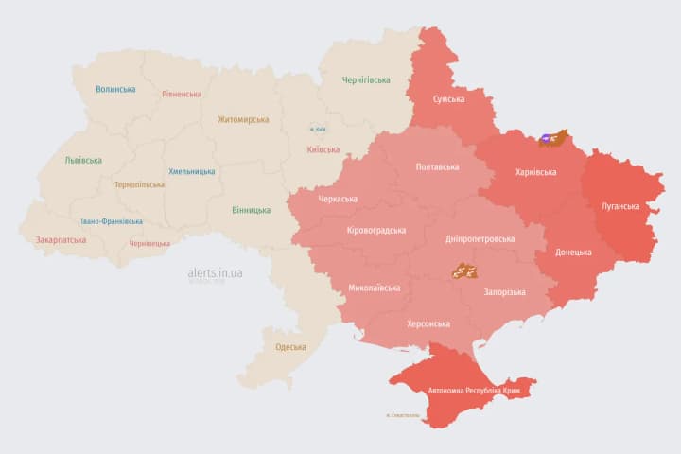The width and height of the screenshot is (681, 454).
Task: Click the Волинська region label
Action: pos(115,90)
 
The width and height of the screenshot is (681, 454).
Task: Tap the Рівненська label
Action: pos(182,95)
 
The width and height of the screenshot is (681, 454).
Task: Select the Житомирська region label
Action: pos(243,120)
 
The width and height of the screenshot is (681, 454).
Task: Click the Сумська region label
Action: pos(448,99)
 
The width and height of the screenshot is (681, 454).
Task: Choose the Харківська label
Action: pos(535,173)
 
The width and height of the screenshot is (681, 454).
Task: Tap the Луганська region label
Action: pos(620,206)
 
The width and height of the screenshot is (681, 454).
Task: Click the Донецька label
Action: pos(573,253)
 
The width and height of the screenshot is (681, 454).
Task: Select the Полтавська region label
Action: pos(437,167)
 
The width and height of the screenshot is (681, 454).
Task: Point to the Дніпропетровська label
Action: pos(480,239)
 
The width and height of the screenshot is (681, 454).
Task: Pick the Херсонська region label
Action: pos(428,323)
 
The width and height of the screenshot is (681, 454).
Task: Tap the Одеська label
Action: pos(290,347)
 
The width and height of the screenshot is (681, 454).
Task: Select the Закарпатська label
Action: pos(61,240)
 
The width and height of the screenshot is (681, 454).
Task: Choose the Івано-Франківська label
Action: pos(112,221)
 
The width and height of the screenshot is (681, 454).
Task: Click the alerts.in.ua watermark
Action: pos(215,273)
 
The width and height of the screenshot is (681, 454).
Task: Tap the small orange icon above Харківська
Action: pos(552,139)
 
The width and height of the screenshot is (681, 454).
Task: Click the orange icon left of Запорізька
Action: pos(463,271)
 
